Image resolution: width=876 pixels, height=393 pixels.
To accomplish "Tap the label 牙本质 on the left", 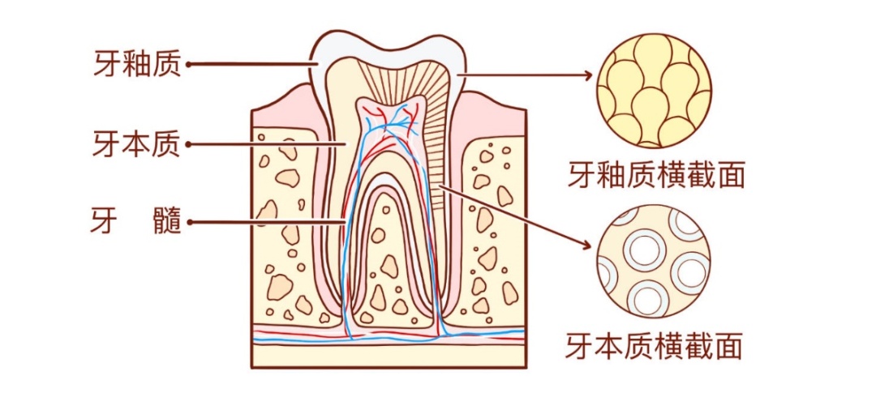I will (137, 144).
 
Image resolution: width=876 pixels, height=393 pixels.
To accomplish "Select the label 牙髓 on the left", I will (135, 220).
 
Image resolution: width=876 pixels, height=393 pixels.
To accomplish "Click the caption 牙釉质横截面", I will (656, 175).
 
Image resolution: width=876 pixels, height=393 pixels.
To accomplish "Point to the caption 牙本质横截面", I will (655, 346).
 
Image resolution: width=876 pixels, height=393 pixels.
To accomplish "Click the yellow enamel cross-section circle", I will (654, 91).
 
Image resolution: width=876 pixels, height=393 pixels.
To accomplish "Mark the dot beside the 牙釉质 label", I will (189, 64).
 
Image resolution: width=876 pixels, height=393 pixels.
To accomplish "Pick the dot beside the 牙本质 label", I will (189, 145).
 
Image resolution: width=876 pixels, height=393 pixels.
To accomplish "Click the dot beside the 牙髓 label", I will (189, 220).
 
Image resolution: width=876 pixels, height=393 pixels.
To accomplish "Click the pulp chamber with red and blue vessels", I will (390, 122).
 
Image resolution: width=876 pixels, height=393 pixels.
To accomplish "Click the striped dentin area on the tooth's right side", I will (442, 138).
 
